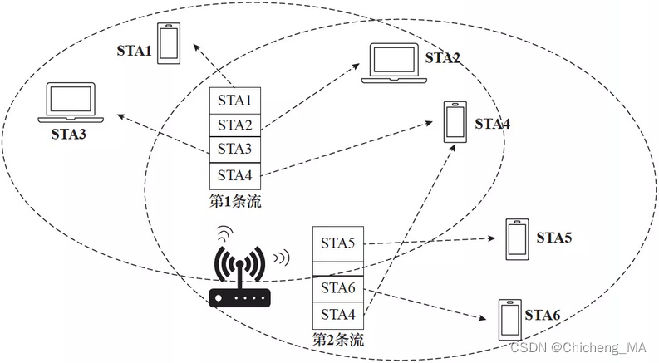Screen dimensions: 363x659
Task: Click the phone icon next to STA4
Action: point(454,122)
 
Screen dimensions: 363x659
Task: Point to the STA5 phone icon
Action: point(516,239)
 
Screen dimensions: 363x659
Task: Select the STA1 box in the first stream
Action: point(234,101)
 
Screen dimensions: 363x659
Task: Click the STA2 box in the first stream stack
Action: point(234,125)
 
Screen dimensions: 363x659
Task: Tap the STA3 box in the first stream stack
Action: point(234,150)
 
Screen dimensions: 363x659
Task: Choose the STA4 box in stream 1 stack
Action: point(234,175)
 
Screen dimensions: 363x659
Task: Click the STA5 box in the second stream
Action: point(337,243)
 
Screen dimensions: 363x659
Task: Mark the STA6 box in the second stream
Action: point(337,288)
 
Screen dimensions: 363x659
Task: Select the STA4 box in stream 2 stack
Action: point(337,315)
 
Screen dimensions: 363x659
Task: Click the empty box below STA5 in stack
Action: point(337,267)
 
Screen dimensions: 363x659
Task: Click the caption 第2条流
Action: point(338,340)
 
